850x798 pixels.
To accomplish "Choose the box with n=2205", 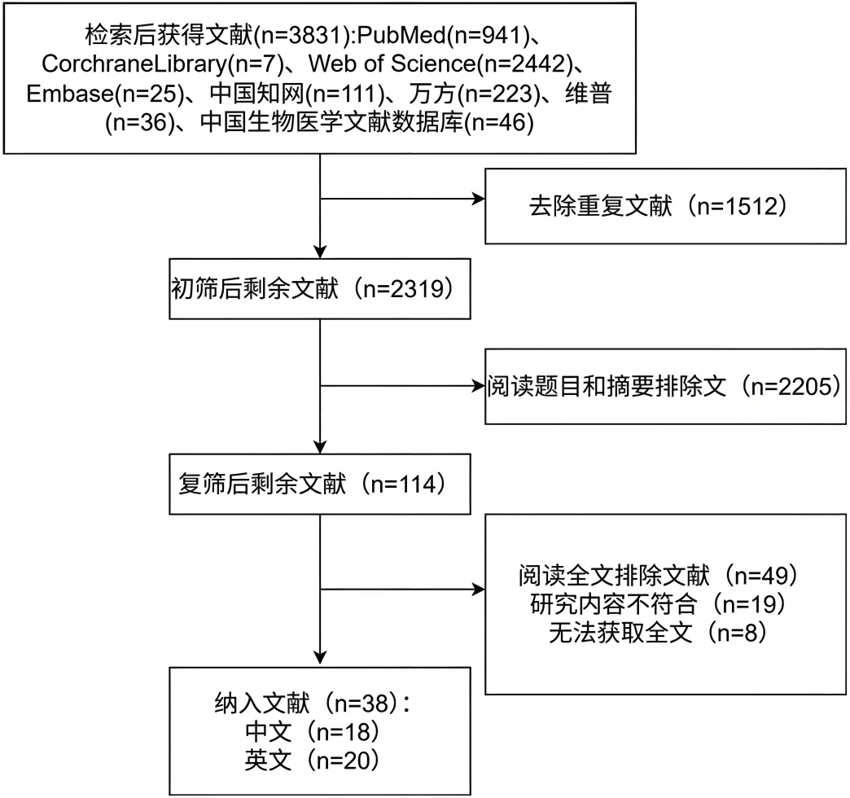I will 664,386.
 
